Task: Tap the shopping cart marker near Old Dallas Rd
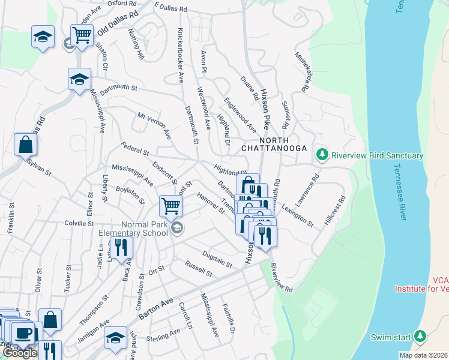point(82,35)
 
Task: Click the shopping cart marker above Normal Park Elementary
point(171,206)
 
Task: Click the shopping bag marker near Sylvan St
point(26,145)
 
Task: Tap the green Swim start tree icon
point(420,336)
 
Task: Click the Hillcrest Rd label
point(335,210)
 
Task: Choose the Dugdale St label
point(217,259)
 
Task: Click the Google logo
point(20,353)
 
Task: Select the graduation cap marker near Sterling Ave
point(115,337)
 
